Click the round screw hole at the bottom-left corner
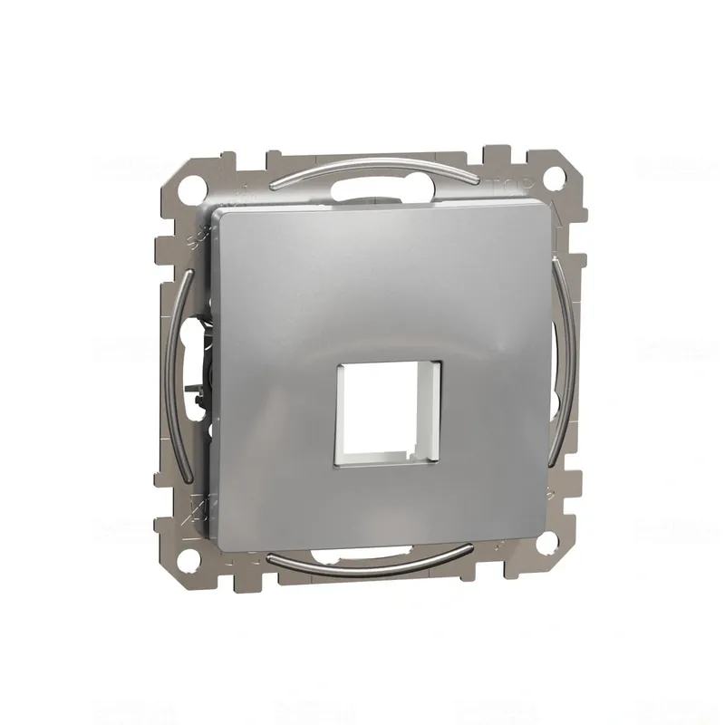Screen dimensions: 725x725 [191, 547]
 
